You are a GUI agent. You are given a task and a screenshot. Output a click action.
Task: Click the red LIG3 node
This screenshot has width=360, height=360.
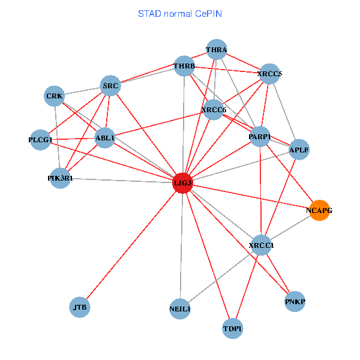tap(182, 182)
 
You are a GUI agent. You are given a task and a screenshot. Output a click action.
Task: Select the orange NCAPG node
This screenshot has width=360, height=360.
tap(319, 211)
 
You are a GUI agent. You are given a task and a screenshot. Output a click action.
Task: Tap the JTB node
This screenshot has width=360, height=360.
tap(80, 307)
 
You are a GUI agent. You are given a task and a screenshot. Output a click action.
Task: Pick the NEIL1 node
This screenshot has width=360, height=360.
tap(180, 309)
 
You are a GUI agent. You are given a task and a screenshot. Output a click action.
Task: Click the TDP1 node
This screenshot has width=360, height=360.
tap(232, 329)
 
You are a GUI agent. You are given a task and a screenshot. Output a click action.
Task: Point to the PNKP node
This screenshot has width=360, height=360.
tap(295, 302)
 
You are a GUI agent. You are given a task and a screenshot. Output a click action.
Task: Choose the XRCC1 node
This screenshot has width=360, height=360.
tap(261, 245)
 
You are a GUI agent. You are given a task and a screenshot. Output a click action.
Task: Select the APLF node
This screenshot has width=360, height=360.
tap(299, 149)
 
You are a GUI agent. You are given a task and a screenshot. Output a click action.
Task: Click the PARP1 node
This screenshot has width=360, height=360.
tap(260, 137)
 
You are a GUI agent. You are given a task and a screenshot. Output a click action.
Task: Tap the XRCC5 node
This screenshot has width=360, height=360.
tap(269, 74)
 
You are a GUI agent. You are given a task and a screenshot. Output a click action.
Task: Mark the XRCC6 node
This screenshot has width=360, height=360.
tap(214, 109)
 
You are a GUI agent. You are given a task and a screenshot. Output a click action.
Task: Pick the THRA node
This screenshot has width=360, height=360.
tap(216, 49)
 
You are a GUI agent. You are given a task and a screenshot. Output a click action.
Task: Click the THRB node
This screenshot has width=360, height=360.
tap(184, 65)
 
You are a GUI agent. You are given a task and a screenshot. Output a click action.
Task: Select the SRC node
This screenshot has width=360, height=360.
tap(110, 86)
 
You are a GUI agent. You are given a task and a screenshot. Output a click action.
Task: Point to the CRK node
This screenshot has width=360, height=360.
tap(54, 96)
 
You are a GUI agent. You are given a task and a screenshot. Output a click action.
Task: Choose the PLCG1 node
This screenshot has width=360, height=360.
tap(40, 140)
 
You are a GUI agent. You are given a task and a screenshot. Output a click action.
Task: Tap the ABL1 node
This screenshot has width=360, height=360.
tap(106, 139)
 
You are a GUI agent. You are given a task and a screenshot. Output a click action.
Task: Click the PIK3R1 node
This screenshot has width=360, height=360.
tap(60, 178)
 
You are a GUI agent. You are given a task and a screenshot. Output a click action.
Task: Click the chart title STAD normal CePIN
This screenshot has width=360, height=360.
tap(179, 13)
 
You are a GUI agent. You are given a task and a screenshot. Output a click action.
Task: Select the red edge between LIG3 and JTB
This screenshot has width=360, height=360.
tap(131, 245)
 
